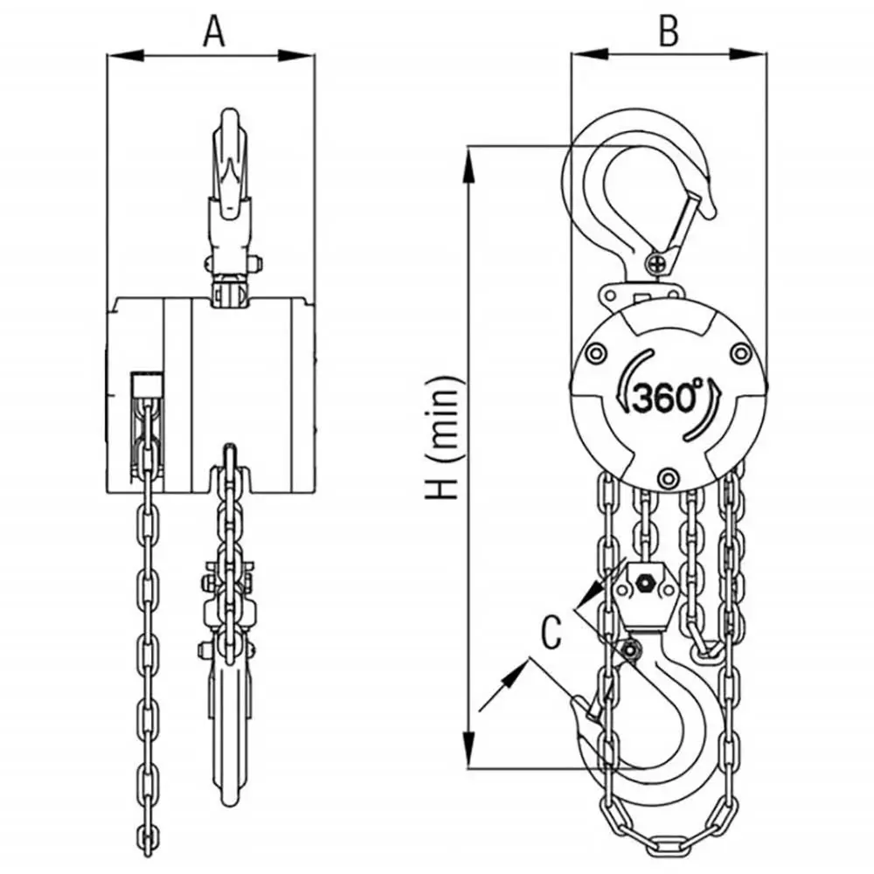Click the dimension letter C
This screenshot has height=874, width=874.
(x=550, y=632)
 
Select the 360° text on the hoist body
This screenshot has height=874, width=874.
(x=666, y=399)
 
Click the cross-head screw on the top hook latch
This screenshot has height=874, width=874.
(x=658, y=260)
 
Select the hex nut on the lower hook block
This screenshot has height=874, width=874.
(x=645, y=582)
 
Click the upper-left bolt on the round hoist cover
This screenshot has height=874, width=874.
(x=596, y=353)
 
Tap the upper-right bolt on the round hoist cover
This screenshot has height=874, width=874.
(x=741, y=353)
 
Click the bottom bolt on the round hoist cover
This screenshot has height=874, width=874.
(x=669, y=476)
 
